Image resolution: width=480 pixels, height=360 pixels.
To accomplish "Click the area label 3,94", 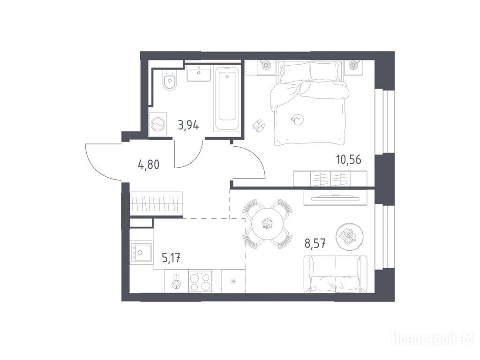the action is [x=188, y=125].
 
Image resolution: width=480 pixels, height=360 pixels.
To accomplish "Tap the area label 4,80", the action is [x=149, y=165].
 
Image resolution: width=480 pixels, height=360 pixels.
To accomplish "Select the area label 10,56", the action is [x=349, y=159].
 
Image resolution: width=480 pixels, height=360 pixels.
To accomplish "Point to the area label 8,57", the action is [x=315, y=244].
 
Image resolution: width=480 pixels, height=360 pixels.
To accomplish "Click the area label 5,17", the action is [x=171, y=259].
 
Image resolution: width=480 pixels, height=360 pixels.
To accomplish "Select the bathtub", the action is [x=227, y=99].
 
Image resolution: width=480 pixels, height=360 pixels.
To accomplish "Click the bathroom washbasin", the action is [x=199, y=74].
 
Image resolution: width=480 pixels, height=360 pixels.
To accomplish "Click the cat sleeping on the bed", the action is [x=297, y=120].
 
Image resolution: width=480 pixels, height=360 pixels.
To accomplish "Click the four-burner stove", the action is [x=200, y=282].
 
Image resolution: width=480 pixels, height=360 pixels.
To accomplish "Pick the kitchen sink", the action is [x=141, y=253].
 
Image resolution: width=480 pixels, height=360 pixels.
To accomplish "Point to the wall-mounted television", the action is [x=335, y=198].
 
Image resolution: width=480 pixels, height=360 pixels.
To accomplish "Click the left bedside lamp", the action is [x=265, y=65].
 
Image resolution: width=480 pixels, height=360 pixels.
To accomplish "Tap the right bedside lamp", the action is [x=354, y=65].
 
